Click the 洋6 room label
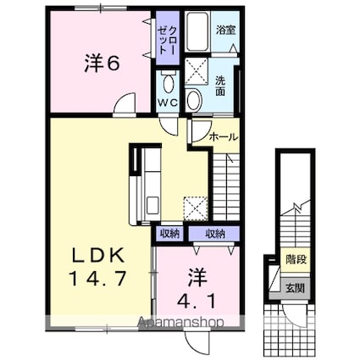click(102, 64)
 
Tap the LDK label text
click(98, 256)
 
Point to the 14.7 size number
click(97, 278)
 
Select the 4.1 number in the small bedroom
click(197, 301)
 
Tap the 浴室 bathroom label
click(226, 30)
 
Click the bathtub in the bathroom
click(197, 31)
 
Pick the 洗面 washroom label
click(220, 86)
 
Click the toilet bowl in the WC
click(169, 84)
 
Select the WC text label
click(168, 102)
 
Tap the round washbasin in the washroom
click(194, 99)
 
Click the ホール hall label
click(224, 137)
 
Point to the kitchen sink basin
click(152, 205)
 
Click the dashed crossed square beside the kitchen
click(196, 208)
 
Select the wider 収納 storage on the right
click(214, 234)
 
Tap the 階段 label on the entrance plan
click(296, 259)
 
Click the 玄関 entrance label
click(296, 288)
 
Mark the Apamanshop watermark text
click(180, 322)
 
